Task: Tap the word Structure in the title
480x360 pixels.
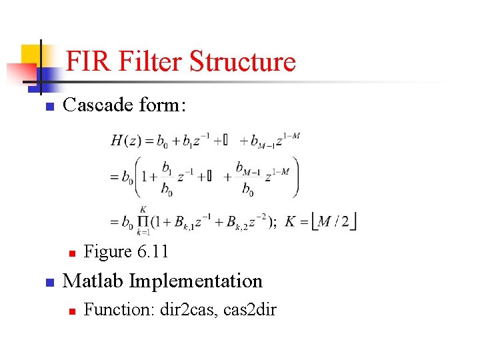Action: tap(243, 61)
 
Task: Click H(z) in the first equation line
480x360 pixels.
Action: tap(127, 141)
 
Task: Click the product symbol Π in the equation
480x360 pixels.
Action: tap(143, 221)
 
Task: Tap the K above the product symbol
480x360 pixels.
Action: tap(143, 209)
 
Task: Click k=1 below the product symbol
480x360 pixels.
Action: tap(143, 233)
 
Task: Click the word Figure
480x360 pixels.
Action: tap(108, 251)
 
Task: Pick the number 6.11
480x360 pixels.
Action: tap(153, 251)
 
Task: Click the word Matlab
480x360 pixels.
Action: tap(93, 281)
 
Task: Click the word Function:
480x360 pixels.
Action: tap(119, 310)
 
